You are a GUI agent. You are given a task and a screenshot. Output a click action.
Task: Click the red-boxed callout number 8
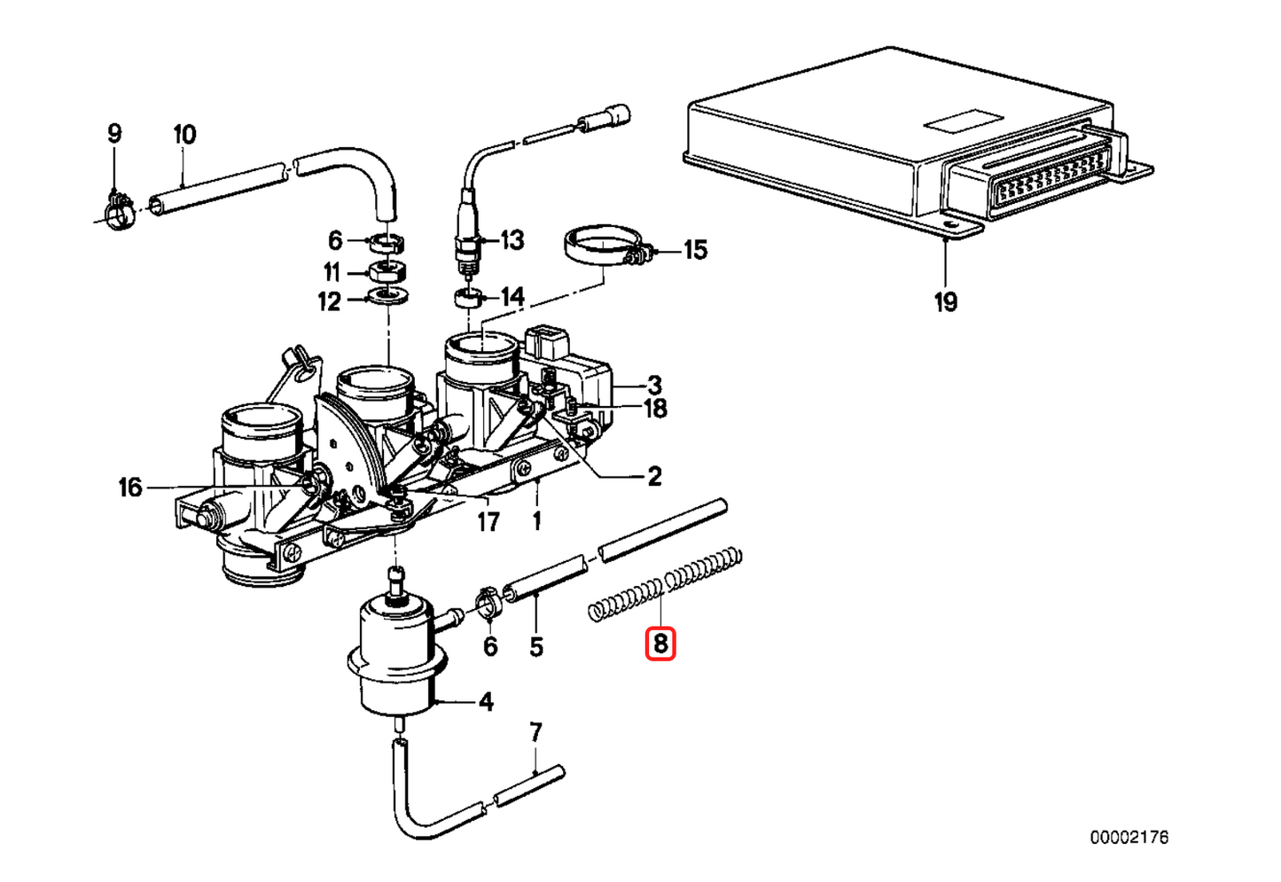(x=660, y=643)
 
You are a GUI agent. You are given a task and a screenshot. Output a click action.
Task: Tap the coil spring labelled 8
(x=665, y=584)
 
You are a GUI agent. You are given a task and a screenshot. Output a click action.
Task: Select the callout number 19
(x=946, y=302)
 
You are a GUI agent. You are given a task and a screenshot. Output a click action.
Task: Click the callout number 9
(x=114, y=134)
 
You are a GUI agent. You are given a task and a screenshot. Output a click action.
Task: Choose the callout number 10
(x=184, y=135)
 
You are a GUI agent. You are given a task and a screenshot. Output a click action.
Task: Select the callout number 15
(x=695, y=250)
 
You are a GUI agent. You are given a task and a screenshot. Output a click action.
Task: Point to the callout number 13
(x=512, y=240)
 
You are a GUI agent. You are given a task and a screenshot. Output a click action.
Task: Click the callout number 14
(x=512, y=296)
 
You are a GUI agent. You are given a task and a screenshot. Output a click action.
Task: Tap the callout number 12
(x=329, y=302)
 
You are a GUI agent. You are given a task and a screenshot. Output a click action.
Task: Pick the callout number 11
(x=332, y=271)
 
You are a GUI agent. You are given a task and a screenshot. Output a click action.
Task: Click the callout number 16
(x=130, y=487)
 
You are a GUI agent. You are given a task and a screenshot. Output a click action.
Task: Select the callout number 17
(x=488, y=521)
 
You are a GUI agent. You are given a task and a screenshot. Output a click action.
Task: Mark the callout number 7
(x=535, y=733)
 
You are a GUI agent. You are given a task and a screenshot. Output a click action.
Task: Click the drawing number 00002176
(x=1129, y=837)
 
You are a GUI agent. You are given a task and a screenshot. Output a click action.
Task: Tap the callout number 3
(x=654, y=385)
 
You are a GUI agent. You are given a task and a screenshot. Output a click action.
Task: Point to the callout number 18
(x=654, y=409)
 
